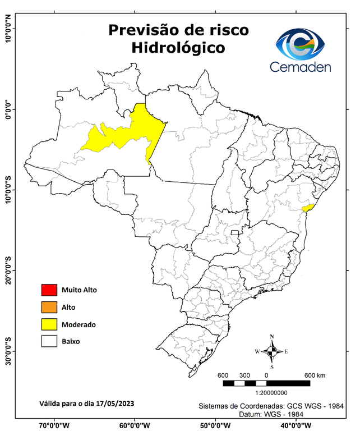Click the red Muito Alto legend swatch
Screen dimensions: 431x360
[x=49, y=290]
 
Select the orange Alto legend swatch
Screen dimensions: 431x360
[x=49, y=307]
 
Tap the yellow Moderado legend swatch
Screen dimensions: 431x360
[x=49, y=324]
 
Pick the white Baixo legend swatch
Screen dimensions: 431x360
[x=49, y=341]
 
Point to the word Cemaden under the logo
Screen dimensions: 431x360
[x=301, y=67]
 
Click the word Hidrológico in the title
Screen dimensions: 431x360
[x=178, y=48]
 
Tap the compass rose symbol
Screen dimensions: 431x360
[x=272, y=352]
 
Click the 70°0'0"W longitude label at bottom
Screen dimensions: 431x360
[x=54, y=425]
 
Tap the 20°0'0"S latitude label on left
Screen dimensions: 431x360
[x=8, y=271]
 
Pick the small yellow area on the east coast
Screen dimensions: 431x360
[x=307, y=208]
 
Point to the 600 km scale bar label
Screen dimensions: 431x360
[x=316, y=375]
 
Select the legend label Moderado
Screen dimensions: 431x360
[x=79, y=324]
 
